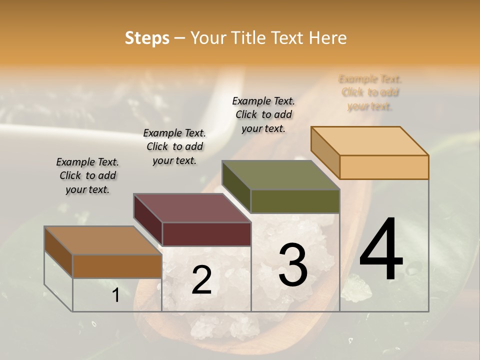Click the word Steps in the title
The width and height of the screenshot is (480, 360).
[147, 38]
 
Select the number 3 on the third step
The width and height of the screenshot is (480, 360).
[293, 265]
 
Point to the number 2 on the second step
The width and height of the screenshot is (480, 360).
[201, 280]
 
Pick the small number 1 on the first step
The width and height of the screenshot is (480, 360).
[115, 295]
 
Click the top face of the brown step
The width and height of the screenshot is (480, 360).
[103, 240]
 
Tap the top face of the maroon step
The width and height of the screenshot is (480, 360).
[192, 208]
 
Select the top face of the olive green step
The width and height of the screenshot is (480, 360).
[280, 175]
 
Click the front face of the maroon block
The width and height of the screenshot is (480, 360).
[206, 234]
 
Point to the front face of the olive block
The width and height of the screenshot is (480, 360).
[295, 201]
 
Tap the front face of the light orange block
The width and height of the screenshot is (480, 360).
[384, 167]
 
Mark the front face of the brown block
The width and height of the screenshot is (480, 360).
[117, 266]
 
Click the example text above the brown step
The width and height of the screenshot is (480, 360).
[87, 175]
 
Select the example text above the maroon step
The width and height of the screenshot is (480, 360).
[174, 146]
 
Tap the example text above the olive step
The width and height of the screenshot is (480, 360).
[263, 114]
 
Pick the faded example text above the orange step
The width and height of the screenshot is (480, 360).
[370, 92]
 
